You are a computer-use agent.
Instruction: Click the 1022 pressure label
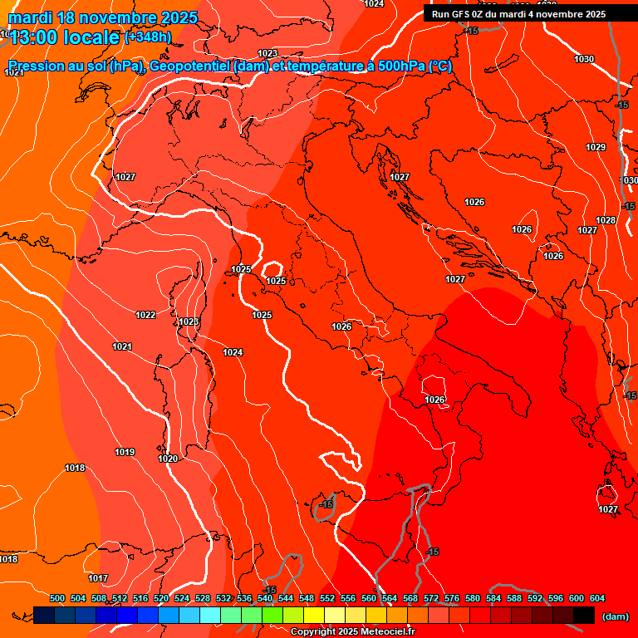coord(145,315)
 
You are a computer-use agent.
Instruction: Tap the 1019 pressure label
coord(125,453)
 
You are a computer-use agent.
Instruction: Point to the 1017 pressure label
coord(98,578)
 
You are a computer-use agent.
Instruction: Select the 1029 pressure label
coord(596,147)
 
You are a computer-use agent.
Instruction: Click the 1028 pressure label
coord(606,220)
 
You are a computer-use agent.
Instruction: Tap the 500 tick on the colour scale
coord(57,598)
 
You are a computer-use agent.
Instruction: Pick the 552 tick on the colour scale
coord(328,598)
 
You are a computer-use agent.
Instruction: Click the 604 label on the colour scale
coord(597,598)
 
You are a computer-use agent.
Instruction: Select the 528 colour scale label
coord(203,598)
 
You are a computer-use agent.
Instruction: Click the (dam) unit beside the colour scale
coord(615,616)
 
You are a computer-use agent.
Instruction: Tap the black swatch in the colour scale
coord(583,615)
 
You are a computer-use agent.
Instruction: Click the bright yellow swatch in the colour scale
coord(313,615)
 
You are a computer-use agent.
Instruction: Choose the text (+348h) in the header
coord(148,37)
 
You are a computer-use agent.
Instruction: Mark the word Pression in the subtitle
coord(33,66)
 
